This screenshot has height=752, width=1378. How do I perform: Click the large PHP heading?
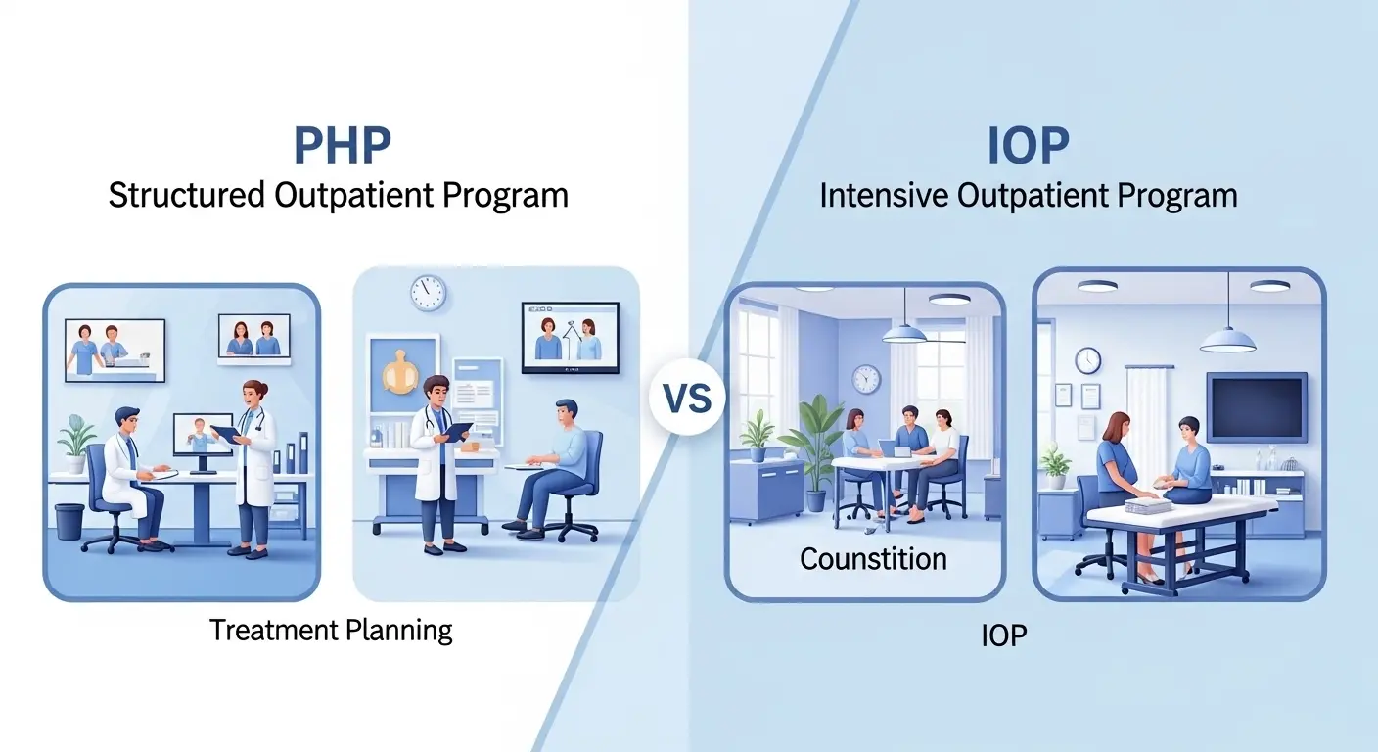click(342, 145)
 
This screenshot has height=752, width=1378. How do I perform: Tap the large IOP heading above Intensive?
click(1027, 145)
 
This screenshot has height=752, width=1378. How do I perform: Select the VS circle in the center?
click(687, 399)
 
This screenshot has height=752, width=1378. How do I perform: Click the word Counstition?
click(873, 559)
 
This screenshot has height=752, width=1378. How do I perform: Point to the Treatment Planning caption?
click(331, 630)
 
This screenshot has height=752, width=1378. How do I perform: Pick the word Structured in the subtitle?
click(185, 195)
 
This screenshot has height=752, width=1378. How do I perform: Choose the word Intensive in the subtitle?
click(885, 195)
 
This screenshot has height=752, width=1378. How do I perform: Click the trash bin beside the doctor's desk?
click(69, 521)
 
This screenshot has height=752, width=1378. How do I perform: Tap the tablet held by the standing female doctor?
click(225, 433)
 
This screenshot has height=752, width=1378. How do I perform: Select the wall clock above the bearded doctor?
click(428, 293)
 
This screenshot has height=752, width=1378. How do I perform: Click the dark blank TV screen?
click(1256, 407)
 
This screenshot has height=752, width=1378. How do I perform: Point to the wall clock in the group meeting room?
click(865, 379)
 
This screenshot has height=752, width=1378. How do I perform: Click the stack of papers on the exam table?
click(1147, 505)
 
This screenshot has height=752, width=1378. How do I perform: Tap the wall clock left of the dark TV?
click(1087, 360)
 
